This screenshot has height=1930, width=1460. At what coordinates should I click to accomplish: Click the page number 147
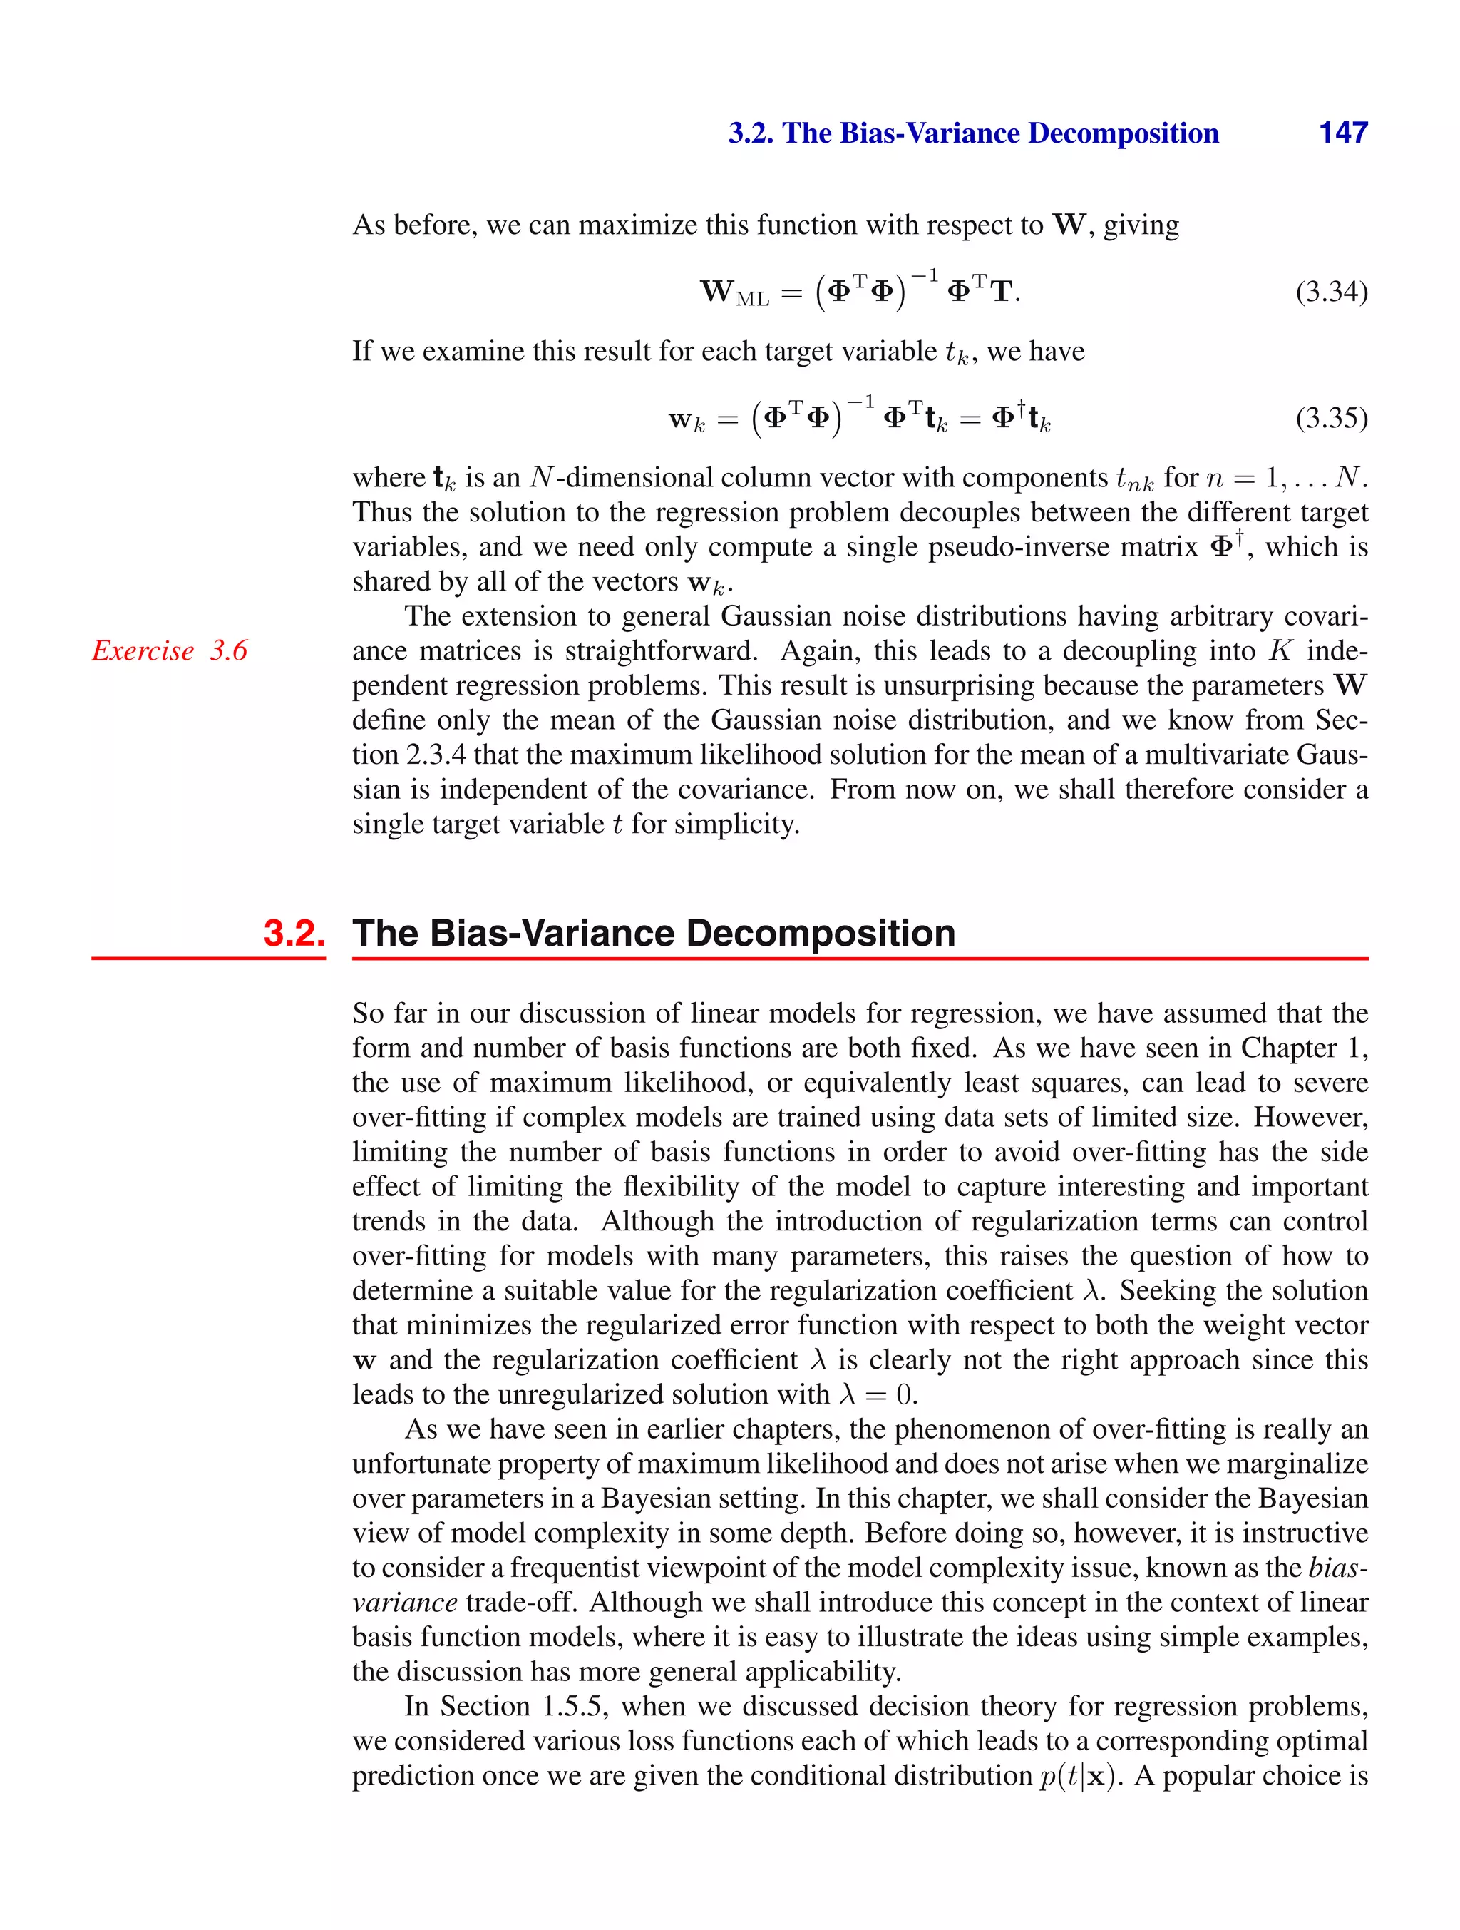[1342, 133]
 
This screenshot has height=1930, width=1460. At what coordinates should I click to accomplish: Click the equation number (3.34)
[1331, 292]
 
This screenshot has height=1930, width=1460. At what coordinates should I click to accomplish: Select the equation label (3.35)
[1331, 418]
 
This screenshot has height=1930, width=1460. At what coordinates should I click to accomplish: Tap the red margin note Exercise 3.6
[170, 651]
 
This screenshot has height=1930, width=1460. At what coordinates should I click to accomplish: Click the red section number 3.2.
[294, 933]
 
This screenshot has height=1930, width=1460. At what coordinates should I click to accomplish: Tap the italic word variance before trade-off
[405, 1602]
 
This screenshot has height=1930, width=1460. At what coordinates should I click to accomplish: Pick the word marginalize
[1303, 1464]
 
